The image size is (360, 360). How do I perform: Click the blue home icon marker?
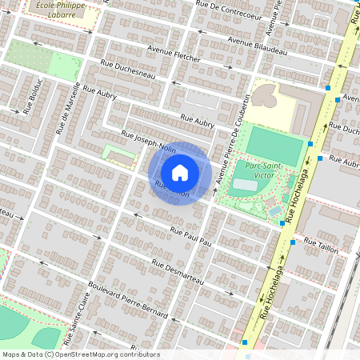click(x=180, y=173)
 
